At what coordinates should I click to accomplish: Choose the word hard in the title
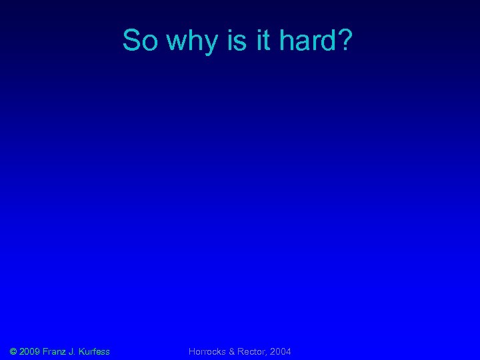[x=308, y=41]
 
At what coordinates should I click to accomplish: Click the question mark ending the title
[x=345, y=41]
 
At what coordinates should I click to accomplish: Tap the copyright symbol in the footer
[x=13, y=351]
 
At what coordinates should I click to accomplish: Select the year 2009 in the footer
[x=29, y=351]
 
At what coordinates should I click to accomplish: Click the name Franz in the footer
[x=54, y=351]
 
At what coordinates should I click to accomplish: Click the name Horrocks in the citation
[x=207, y=351]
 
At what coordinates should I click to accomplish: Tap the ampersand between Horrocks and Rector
[x=233, y=351]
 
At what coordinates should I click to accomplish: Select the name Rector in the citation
[x=253, y=351]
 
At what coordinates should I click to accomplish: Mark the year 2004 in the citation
[x=281, y=351]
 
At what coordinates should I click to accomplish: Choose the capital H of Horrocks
[x=192, y=351]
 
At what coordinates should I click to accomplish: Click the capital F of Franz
[x=45, y=351]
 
